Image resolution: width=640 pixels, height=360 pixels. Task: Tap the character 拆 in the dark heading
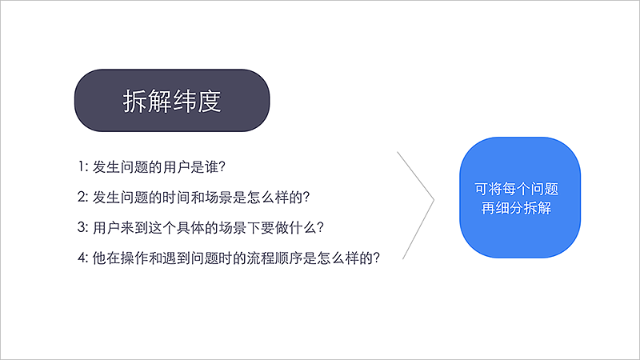[x=135, y=102]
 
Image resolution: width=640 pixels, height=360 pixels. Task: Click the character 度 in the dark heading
[x=210, y=102]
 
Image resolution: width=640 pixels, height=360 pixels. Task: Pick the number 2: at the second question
[x=83, y=196]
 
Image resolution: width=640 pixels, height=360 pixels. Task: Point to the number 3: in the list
[x=83, y=226]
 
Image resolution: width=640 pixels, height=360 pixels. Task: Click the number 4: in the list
[x=83, y=258]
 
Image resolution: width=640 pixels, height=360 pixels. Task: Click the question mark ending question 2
[x=306, y=197]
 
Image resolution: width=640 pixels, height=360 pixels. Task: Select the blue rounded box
[x=518, y=197]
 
